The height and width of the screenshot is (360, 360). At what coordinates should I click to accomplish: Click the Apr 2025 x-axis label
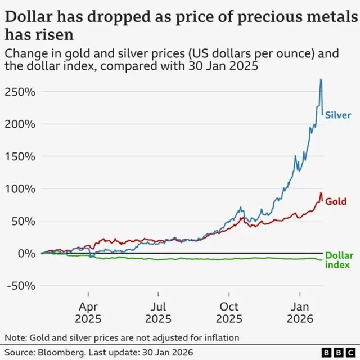tap(88, 313)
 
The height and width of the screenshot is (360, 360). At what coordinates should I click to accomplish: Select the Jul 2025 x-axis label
tap(159, 313)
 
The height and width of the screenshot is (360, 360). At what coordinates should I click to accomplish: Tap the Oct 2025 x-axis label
tap(229, 313)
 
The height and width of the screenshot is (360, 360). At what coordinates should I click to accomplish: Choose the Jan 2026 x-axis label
tap(300, 313)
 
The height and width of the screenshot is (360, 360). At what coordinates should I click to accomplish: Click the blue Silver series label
tap(339, 115)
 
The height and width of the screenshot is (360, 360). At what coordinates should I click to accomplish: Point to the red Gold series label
tap(335, 201)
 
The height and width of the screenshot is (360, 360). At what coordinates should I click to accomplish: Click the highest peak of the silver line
tap(321, 79)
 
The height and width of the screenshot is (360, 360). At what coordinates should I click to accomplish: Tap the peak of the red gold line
tap(321, 193)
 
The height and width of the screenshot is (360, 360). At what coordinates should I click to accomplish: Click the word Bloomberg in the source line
tap(62, 352)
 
